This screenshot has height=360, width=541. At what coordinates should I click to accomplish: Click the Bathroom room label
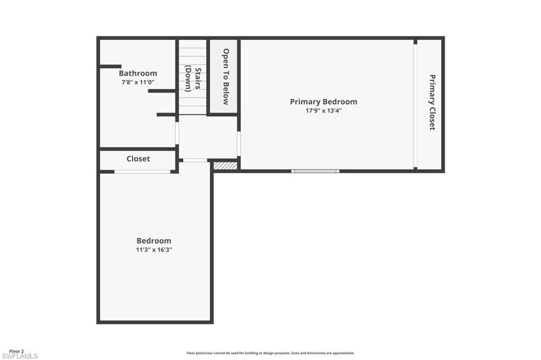[138, 73]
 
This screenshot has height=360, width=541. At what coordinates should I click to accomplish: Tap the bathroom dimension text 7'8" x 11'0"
[137, 82]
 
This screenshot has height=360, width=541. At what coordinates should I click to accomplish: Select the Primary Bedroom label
[323, 102]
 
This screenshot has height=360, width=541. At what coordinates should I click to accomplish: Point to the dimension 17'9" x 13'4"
[319, 111]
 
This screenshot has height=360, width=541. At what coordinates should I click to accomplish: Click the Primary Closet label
[432, 102]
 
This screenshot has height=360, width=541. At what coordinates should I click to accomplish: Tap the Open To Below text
[226, 77]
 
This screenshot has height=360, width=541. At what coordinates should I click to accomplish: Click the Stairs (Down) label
[193, 80]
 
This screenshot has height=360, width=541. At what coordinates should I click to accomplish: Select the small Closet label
[138, 159]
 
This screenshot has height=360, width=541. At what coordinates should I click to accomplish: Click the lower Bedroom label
[154, 241]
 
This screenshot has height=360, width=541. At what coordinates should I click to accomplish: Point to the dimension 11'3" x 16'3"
[154, 250]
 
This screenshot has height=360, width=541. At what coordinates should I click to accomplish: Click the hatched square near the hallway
[225, 166]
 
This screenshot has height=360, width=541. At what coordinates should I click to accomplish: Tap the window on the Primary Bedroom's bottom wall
[315, 171]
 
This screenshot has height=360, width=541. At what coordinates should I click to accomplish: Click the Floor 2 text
[16, 351]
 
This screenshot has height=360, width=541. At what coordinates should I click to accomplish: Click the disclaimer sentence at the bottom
[270, 353]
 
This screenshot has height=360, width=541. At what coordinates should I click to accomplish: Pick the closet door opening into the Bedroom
[143, 172]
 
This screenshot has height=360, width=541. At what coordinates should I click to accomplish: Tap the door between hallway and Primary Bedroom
[239, 144]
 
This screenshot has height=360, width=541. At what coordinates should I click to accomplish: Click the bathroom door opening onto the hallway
[178, 133]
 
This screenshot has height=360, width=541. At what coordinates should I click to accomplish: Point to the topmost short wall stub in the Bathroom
[111, 67]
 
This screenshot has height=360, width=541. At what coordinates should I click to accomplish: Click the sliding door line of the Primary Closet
[416, 106]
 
